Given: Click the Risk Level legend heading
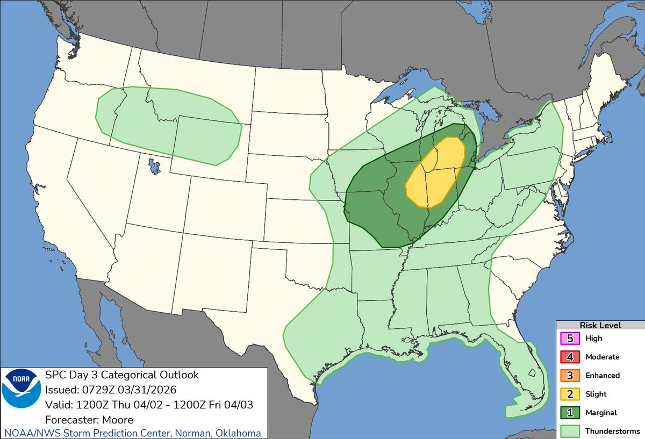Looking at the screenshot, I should (x=600, y=325).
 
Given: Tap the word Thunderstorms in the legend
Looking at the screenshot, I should (x=612, y=431).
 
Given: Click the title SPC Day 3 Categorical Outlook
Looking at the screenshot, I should (x=121, y=375).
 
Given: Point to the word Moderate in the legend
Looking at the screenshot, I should (x=602, y=357).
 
